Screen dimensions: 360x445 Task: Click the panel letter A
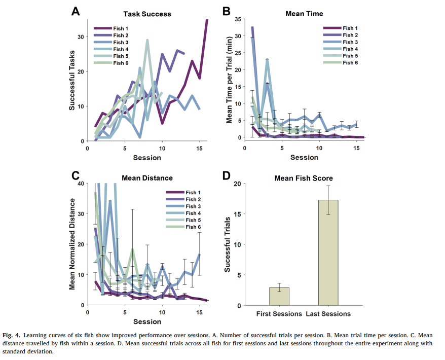(75, 11)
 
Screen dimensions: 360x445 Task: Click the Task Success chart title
(147, 14)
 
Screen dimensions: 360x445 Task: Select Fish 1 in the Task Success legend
(121, 28)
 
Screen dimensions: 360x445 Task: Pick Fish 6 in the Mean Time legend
(350, 62)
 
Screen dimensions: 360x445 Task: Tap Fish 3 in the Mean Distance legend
(194, 206)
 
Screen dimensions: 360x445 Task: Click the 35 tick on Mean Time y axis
(237, 18)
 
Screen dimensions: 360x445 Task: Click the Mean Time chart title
(305, 14)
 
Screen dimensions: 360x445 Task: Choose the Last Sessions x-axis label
(328, 314)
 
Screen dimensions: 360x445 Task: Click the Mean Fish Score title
(304, 178)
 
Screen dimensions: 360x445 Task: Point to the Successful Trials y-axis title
(228, 244)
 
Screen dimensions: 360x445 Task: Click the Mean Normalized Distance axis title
(72, 244)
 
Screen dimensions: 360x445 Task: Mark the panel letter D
(227, 175)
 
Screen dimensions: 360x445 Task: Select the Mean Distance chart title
(147, 178)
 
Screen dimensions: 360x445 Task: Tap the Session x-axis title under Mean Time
(304, 157)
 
